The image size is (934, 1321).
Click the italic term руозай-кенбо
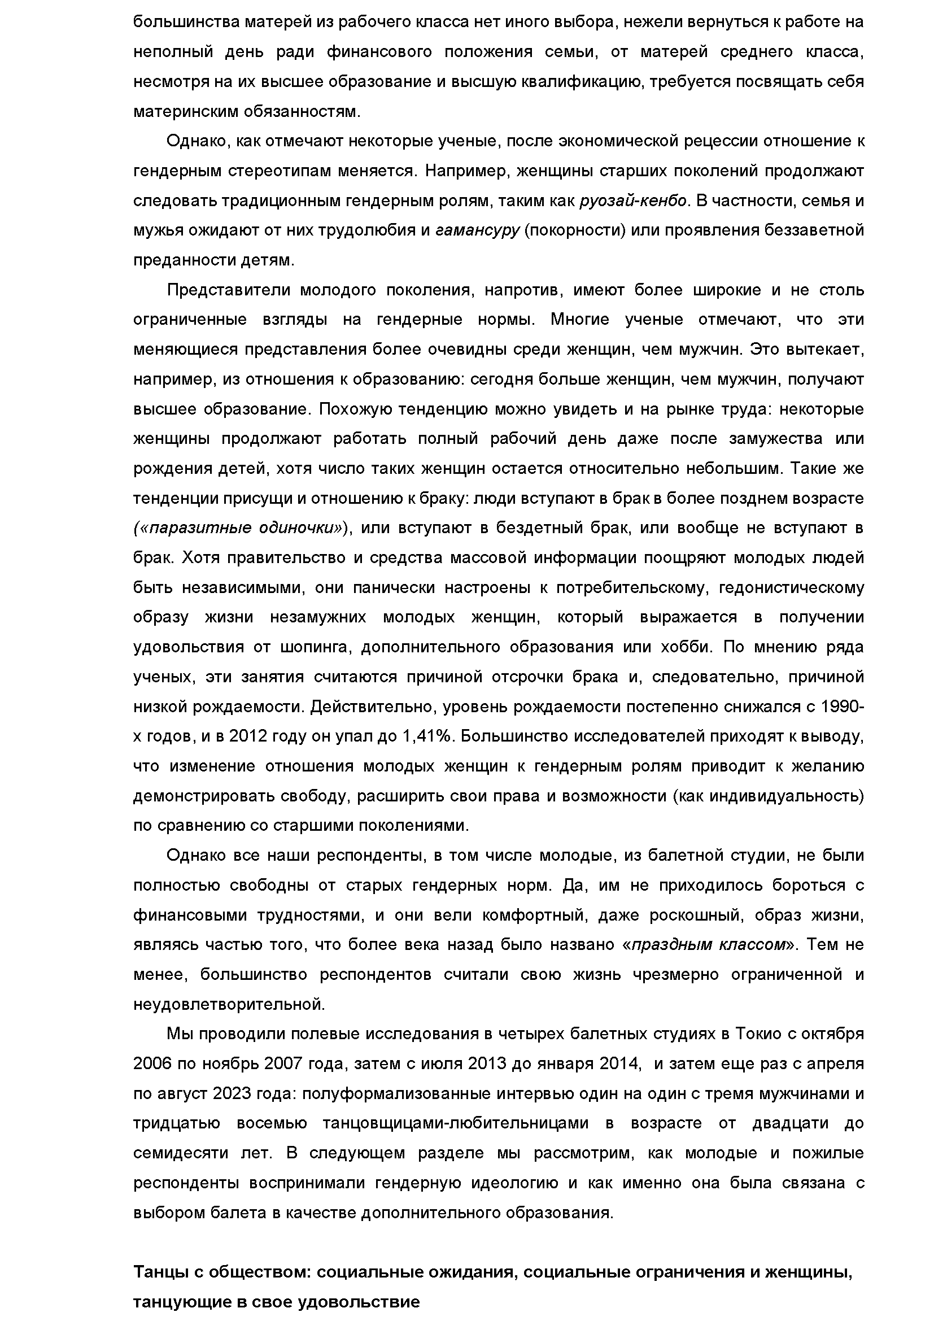tap(633, 201)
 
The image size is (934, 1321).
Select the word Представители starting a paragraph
tap(228, 290)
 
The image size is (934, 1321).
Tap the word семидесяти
tap(178, 1153)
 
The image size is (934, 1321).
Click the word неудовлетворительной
tap(229, 1005)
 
